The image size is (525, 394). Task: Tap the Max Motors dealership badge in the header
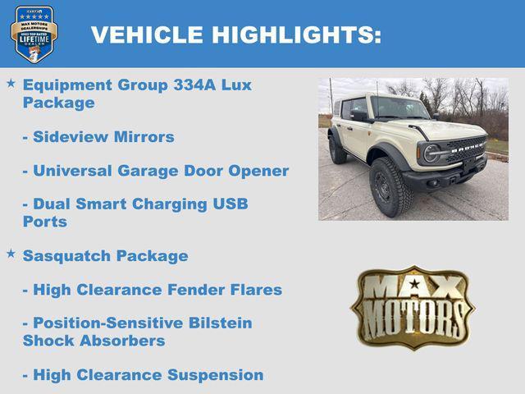(x=34, y=34)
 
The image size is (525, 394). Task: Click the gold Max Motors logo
(x=413, y=307)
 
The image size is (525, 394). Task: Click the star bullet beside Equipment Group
(x=11, y=84)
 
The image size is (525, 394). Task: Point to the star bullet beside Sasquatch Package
(x=11, y=254)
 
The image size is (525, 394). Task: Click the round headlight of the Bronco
(x=431, y=153)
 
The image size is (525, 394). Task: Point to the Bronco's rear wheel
(x=337, y=149)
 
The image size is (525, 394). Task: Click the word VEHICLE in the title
(x=147, y=34)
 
